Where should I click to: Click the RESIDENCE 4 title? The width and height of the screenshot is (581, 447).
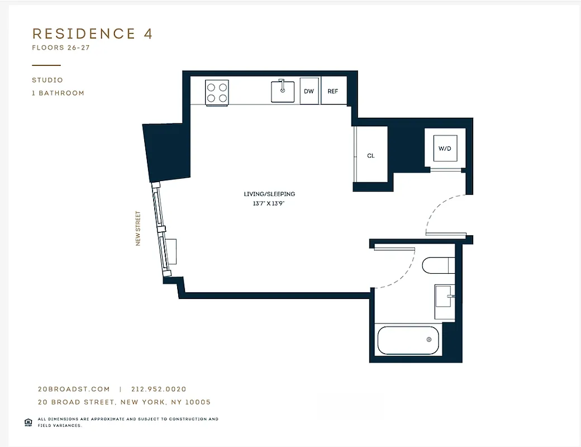92,34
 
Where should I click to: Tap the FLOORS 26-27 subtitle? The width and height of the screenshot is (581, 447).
61,48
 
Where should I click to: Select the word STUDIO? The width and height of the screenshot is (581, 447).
47,80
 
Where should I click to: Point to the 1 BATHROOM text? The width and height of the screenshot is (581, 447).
58,93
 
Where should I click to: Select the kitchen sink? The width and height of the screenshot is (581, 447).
283,92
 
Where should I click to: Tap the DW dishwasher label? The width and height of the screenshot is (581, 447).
309,92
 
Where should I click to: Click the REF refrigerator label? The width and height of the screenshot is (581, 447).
333,92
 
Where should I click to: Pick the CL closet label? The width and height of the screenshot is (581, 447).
371,156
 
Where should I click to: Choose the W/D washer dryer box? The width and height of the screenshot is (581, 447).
445,149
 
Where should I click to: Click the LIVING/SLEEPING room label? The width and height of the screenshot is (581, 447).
269,194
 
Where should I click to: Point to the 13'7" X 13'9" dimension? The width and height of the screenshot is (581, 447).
269,204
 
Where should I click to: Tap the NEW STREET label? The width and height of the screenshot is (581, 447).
138,228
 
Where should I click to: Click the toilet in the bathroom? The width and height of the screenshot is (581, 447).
439,265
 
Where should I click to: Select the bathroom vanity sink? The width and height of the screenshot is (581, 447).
445,302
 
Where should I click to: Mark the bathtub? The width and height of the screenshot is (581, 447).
409,340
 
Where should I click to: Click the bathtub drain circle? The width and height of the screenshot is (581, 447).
429,340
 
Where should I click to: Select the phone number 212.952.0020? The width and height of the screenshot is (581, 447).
159,389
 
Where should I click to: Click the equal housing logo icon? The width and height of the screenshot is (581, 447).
28,422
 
